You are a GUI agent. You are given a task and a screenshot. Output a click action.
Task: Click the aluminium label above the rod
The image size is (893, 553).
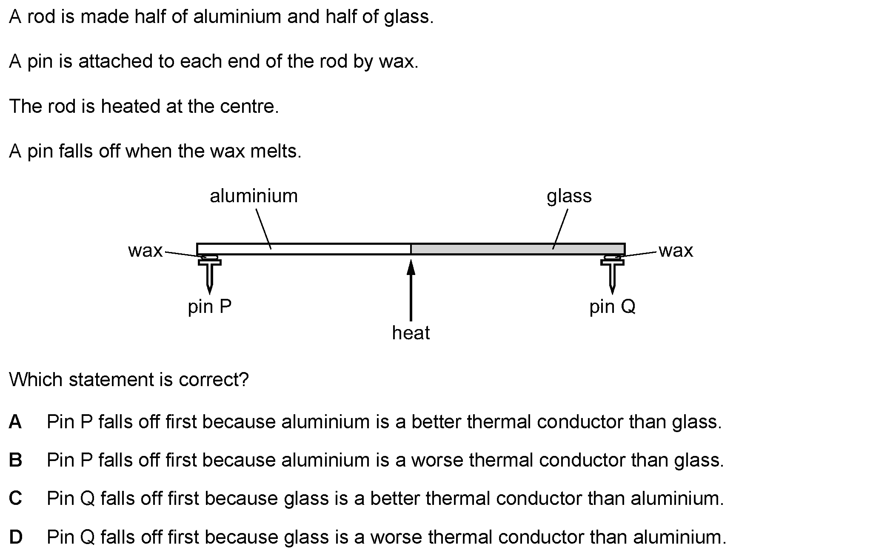click(254, 196)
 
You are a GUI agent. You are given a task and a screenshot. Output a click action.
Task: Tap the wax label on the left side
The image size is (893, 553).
click(146, 251)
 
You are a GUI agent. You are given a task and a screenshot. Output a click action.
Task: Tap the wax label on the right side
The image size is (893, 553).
click(676, 251)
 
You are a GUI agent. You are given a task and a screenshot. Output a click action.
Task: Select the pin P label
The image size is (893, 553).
click(210, 307)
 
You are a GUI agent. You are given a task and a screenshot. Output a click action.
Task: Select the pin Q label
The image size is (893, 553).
click(612, 307)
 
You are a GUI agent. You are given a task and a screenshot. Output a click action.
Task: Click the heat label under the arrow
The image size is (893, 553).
click(411, 333)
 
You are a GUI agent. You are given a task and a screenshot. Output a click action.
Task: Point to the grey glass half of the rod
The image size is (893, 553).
click(518, 249)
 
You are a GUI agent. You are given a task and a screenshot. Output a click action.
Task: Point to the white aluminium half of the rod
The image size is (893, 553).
click(304, 249)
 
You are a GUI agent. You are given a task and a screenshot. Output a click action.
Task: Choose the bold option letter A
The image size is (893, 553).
click(15, 422)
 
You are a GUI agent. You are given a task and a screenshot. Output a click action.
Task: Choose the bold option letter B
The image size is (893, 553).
click(15, 460)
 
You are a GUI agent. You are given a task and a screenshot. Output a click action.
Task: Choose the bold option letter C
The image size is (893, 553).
click(15, 499)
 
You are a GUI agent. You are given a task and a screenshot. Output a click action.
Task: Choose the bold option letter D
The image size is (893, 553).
click(16, 537)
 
